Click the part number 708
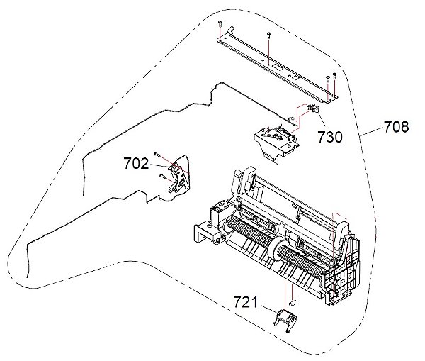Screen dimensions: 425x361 396,127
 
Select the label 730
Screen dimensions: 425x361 330,137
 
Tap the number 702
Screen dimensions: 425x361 136,164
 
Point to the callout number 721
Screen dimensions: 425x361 246,302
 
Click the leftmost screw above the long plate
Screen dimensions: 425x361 219,24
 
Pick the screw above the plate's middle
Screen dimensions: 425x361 268,35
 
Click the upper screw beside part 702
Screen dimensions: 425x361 156,154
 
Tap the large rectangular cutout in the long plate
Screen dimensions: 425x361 276,67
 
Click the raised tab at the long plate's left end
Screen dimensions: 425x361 229,30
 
